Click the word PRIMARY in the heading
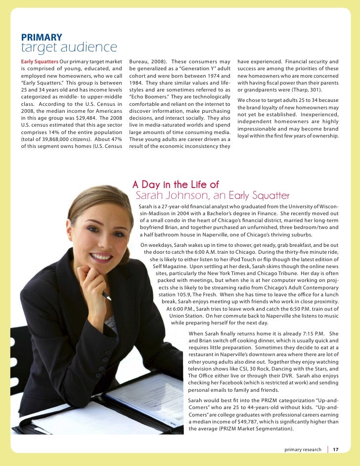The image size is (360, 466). pos(41,37)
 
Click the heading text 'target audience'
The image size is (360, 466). pos(69,48)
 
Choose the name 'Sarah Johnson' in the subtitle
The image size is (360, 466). pos(169,196)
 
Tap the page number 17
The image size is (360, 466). pos(335,450)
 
